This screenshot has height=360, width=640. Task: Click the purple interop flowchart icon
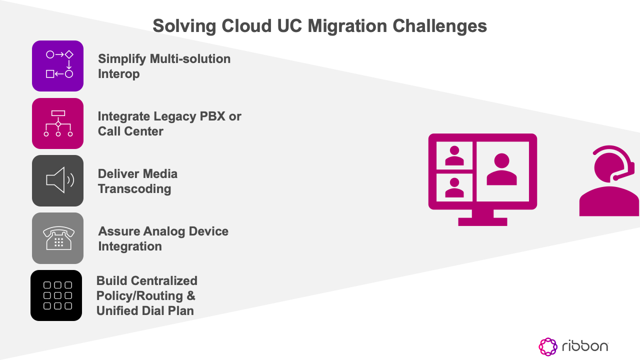click(x=57, y=66)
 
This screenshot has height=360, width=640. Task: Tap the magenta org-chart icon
click(x=57, y=123)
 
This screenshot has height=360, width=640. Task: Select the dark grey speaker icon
click(x=57, y=180)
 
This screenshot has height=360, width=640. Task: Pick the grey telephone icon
click(x=57, y=238)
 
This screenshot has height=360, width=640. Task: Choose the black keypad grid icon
click(x=56, y=295)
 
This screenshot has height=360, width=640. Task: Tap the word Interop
click(x=118, y=74)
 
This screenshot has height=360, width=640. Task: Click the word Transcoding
click(x=134, y=189)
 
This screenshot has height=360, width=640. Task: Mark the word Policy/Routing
click(x=140, y=295)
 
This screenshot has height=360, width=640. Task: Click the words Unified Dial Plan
click(x=145, y=310)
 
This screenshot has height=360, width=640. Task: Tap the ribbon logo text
click(x=584, y=346)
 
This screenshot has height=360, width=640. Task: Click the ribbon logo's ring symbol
click(x=548, y=346)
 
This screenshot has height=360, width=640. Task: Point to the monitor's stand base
click(x=482, y=221)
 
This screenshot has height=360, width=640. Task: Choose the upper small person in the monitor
click(x=454, y=155)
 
